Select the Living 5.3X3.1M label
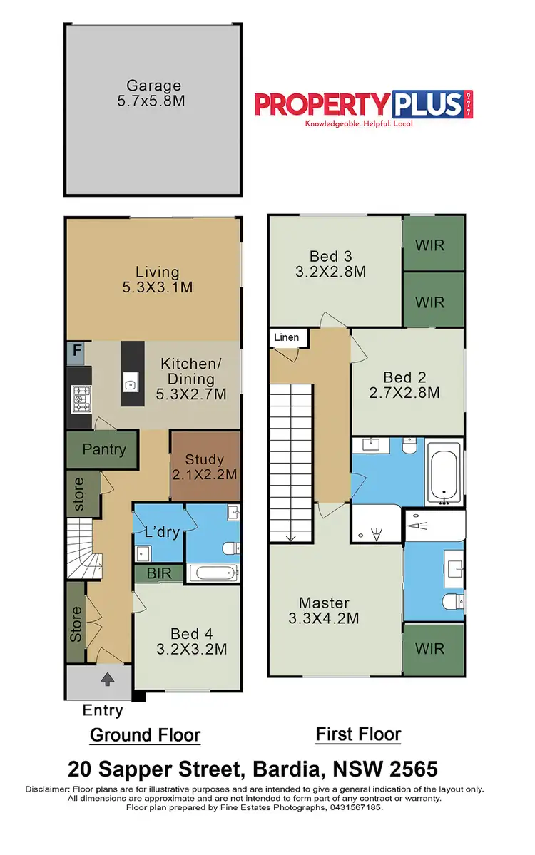pyautogui.click(x=158, y=280)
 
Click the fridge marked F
pyautogui.click(x=76, y=352)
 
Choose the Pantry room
pyautogui.click(x=103, y=449)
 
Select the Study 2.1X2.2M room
pyautogui.click(x=205, y=466)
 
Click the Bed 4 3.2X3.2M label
pyautogui.click(x=191, y=641)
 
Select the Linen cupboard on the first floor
pyautogui.click(x=288, y=337)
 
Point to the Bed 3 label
pyautogui.click(x=331, y=264)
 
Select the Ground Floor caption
pyautogui.click(x=145, y=735)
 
